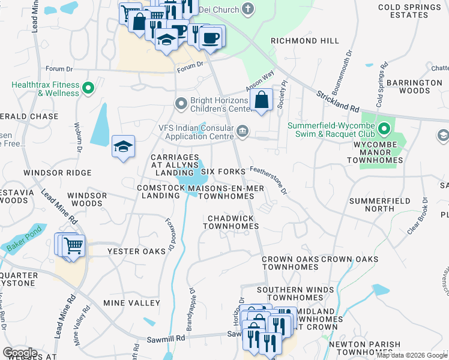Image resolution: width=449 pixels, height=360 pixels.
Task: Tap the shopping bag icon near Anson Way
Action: [262, 100]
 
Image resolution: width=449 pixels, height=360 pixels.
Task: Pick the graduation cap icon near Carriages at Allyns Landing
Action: [123, 147]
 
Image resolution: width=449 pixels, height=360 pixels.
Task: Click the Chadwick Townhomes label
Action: [231, 222]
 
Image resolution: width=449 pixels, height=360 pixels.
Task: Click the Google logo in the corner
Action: [20, 352]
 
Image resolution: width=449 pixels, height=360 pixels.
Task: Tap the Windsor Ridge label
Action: [57, 173]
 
